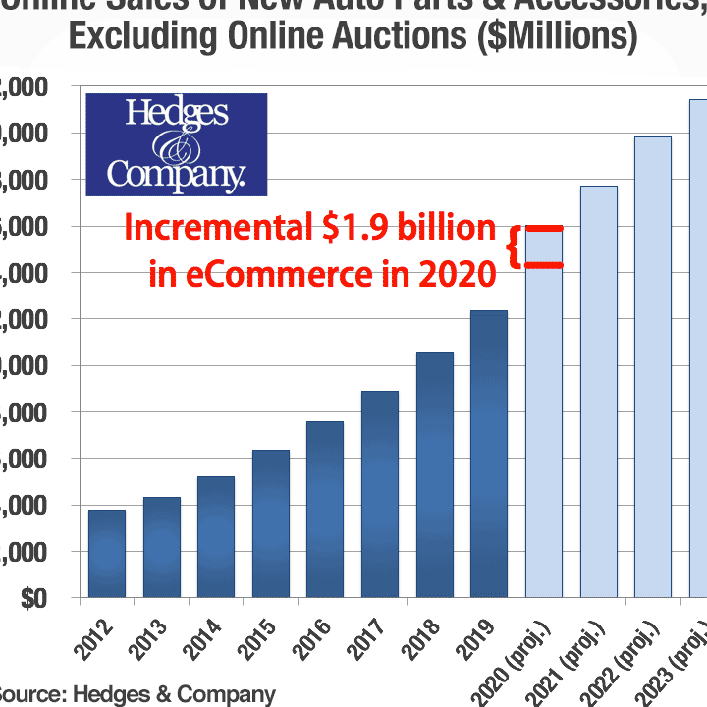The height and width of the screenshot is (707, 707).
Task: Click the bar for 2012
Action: click(107, 553)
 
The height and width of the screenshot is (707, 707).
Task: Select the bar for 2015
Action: click(271, 522)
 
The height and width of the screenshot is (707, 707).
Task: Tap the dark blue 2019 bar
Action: click(489, 454)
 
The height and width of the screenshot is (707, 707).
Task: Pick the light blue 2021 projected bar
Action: click(599, 391)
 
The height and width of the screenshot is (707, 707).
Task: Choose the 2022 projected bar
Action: click(653, 366)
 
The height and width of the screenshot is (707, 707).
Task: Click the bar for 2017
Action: click(380, 493)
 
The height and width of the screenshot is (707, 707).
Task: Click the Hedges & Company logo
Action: click(177, 142)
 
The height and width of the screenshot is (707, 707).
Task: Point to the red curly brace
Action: click(513, 246)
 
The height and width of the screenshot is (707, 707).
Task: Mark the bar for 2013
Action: click(162, 547)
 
